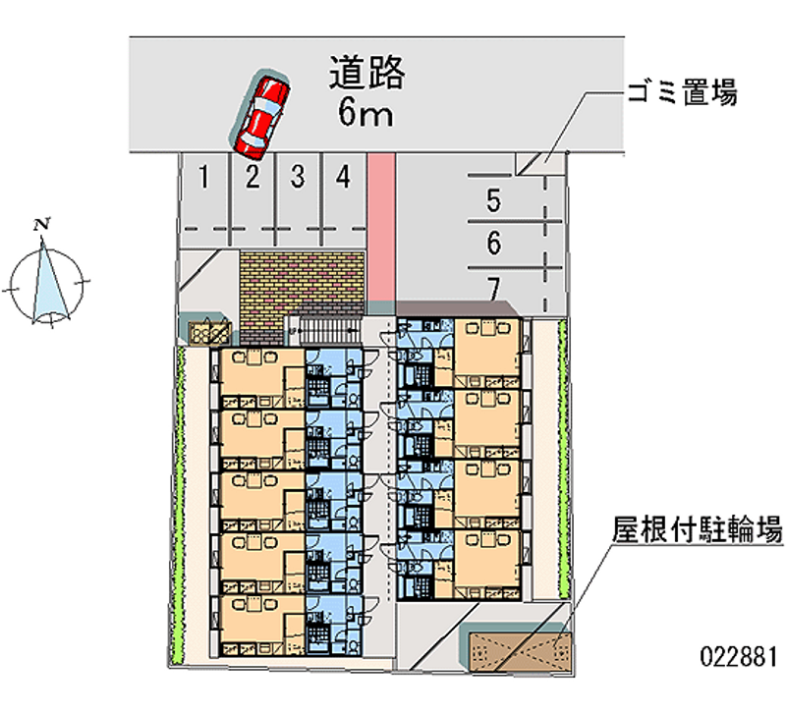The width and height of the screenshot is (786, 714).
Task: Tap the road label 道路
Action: pyautogui.click(x=366, y=74)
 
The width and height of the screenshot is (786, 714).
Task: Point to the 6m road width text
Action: pyautogui.click(x=365, y=114)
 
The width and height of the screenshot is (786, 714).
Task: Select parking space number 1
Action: pyautogui.click(x=203, y=178)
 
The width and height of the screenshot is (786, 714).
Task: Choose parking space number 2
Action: pyautogui.click(x=252, y=178)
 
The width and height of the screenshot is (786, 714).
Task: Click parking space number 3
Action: pyautogui.click(x=298, y=178)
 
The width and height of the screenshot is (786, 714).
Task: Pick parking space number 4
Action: pyautogui.click(x=342, y=178)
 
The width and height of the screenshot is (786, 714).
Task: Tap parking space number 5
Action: pyautogui.click(x=494, y=201)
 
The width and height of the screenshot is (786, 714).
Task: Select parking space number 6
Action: pyautogui.click(x=494, y=242)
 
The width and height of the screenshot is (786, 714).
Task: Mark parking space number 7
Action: pyautogui.click(x=494, y=287)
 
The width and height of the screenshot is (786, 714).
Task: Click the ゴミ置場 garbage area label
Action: pyautogui.click(x=681, y=94)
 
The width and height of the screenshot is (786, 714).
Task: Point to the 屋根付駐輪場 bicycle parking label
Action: pyautogui.click(x=698, y=531)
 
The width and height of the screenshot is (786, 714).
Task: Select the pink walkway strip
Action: pyautogui.click(x=380, y=226)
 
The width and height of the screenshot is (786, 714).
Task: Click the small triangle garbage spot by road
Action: pyautogui.click(x=531, y=164)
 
